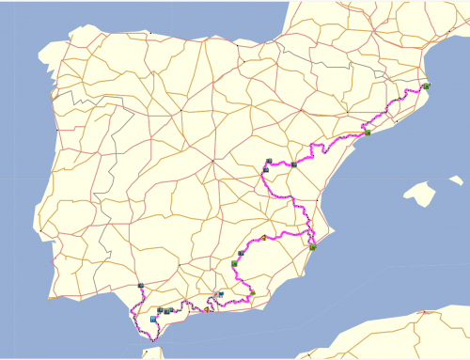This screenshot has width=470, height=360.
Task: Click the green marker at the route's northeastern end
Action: [427, 86]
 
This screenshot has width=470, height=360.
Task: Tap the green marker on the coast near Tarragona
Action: [368, 133]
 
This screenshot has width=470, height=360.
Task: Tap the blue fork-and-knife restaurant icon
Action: [152, 320]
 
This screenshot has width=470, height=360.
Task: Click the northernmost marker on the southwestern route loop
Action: [141, 285]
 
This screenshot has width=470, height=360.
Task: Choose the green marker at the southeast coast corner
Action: [312, 247]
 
